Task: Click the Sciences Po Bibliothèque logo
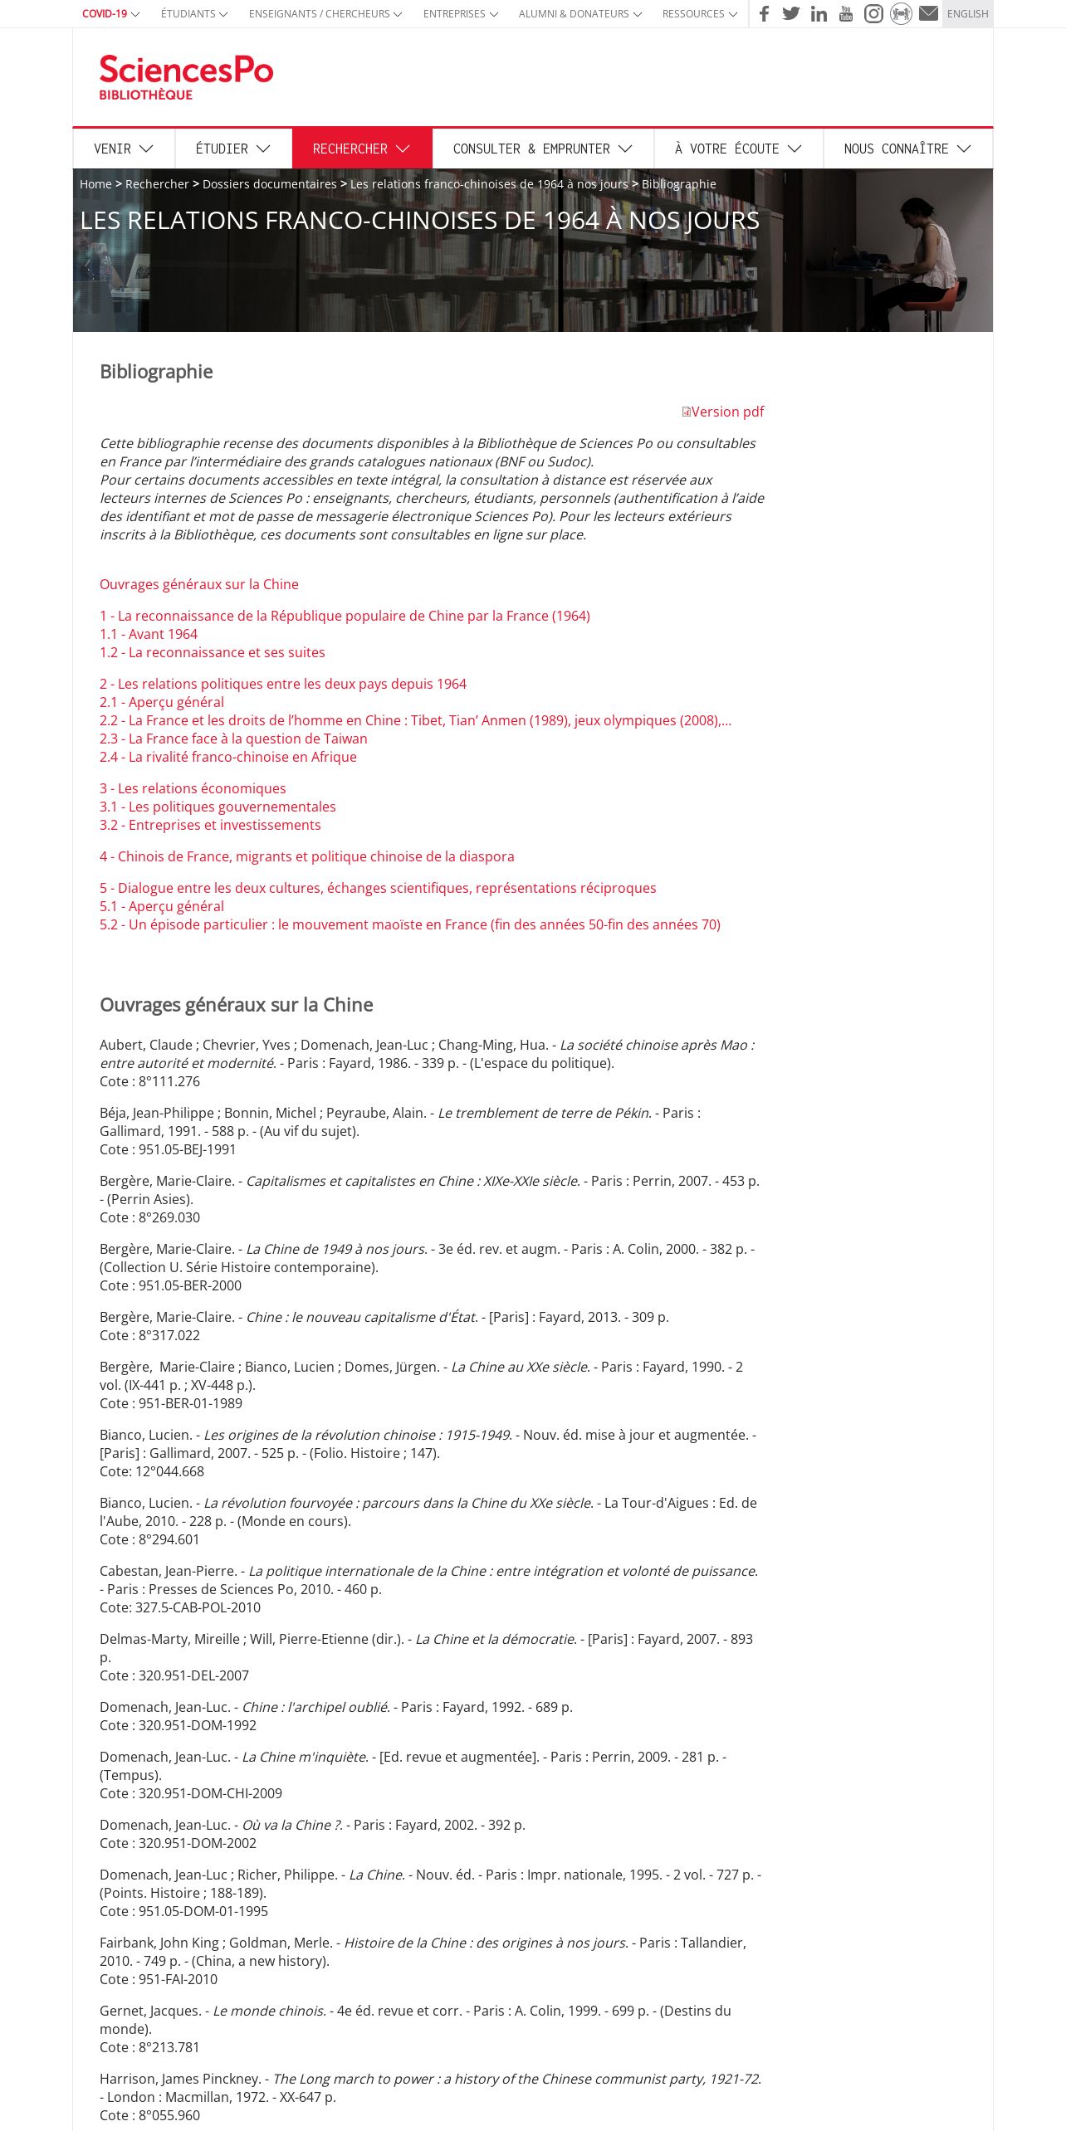(x=186, y=77)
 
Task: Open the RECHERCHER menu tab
(x=361, y=149)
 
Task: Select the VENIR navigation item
(x=123, y=149)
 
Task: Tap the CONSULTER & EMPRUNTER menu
(x=542, y=149)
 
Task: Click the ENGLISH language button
(x=967, y=14)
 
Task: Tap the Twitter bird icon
(x=791, y=13)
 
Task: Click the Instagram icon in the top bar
(x=873, y=13)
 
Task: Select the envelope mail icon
(x=928, y=13)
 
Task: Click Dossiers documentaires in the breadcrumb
(x=269, y=184)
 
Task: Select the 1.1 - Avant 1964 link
(x=149, y=634)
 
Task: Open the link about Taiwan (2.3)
(x=233, y=739)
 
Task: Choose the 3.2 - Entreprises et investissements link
(x=210, y=825)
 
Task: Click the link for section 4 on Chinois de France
(x=307, y=856)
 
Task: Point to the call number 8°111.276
(x=169, y=1081)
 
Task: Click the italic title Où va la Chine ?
(x=291, y=1825)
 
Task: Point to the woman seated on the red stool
(x=922, y=257)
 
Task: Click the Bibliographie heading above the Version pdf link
(x=156, y=372)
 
